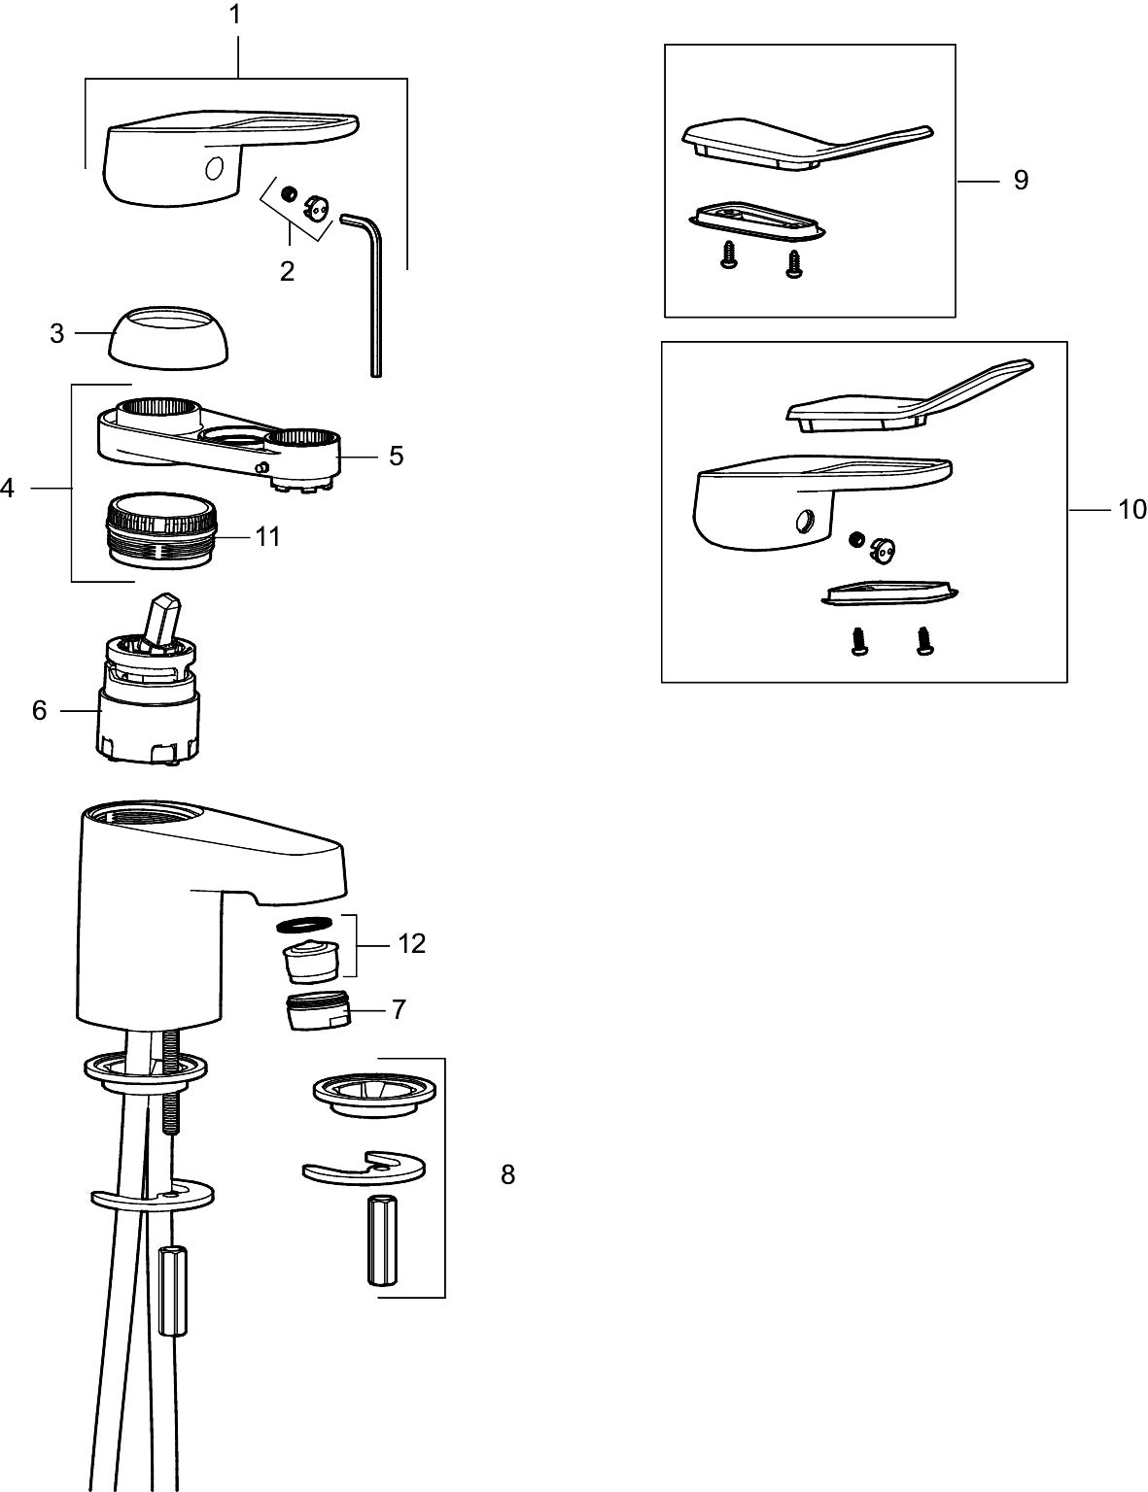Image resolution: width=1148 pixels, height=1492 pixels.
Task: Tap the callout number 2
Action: click(287, 271)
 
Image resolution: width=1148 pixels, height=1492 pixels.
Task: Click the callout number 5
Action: click(396, 455)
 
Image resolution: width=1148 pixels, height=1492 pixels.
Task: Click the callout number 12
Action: click(411, 943)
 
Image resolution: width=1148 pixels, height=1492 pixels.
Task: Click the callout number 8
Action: click(507, 1174)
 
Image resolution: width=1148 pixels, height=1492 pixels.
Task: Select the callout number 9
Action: click(1021, 180)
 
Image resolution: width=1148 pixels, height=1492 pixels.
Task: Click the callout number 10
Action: click(1132, 508)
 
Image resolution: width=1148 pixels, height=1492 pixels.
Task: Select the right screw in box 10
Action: click(923, 642)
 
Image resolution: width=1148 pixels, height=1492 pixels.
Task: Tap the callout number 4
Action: click(7, 488)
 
